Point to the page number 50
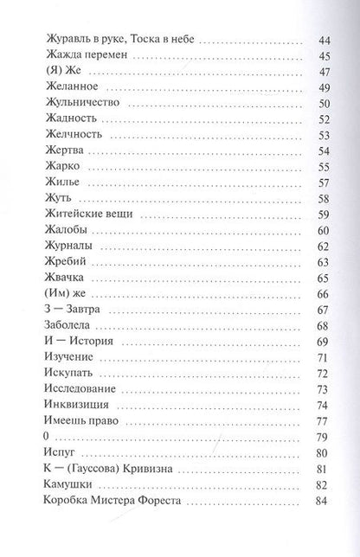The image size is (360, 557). pyautogui.click(x=325, y=104)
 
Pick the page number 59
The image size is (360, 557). pyautogui.click(x=325, y=214)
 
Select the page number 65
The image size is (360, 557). pyautogui.click(x=325, y=277)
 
